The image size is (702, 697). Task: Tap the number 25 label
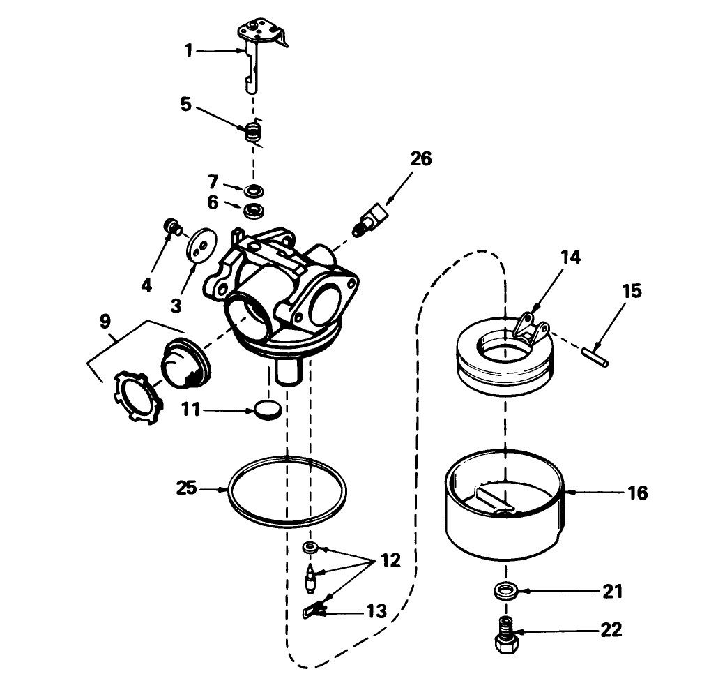pyautogui.click(x=186, y=489)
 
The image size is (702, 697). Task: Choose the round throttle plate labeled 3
pyautogui.click(x=201, y=246)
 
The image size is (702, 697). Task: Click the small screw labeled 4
pyautogui.click(x=170, y=225)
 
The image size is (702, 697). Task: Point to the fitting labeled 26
pyautogui.click(x=369, y=219)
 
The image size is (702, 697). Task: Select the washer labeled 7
pyautogui.click(x=254, y=189)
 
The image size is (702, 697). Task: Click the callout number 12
pyautogui.click(x=390, y=561)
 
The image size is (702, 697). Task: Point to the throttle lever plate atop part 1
pyautogui.click(x=262, y=31)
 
